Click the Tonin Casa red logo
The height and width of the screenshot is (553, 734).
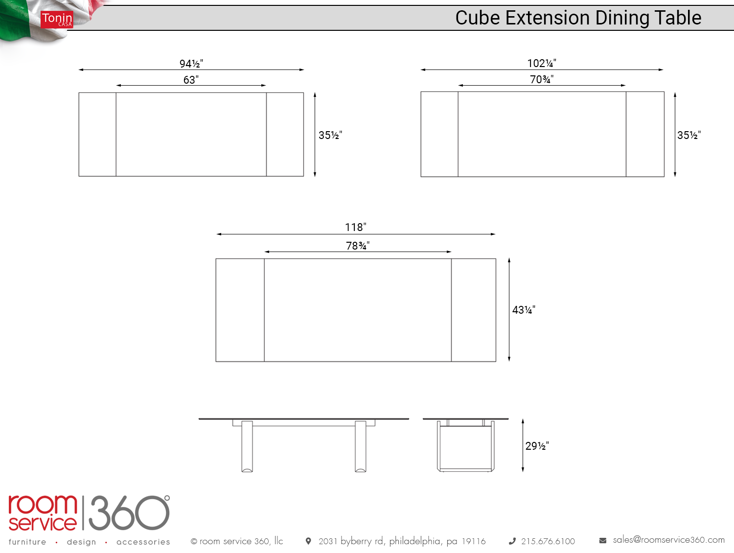(56, 20)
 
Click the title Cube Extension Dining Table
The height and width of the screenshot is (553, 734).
(578, 18)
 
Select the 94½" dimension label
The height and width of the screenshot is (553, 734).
(191, 63)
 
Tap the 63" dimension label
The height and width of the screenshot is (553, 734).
(191, 80)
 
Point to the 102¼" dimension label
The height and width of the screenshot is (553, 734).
(541, 63)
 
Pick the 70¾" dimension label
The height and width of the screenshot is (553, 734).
(541, 79)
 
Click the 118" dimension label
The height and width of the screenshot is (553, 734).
(355, 227)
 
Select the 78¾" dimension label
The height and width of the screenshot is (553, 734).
(358, 246)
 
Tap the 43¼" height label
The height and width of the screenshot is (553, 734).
(524, 310)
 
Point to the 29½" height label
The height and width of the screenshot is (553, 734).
(537, 446)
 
